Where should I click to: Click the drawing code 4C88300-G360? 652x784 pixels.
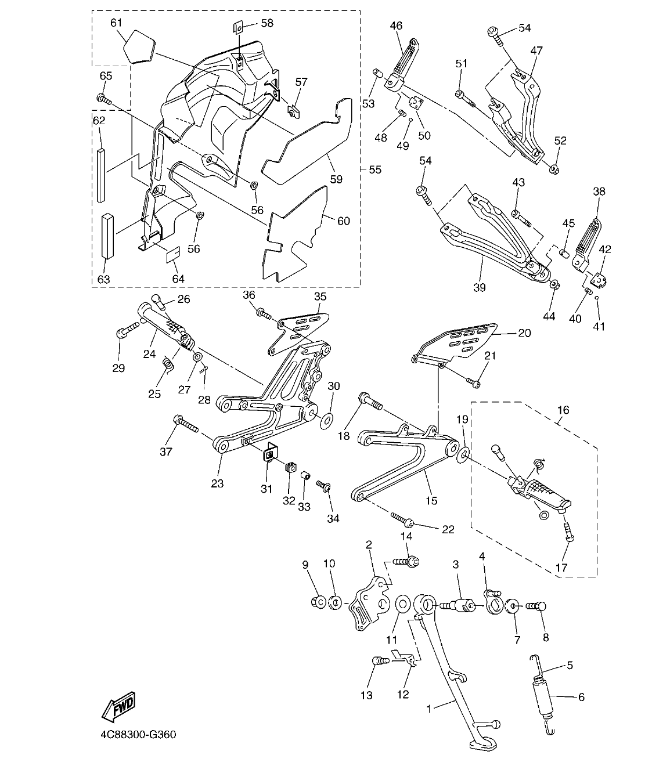pos(138,735)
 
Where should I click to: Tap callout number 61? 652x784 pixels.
pos(116,23)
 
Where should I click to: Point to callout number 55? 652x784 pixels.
pos(375,169)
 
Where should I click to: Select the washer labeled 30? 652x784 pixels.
pos(326,418)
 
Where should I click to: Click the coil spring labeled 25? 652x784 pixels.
pos(168,364)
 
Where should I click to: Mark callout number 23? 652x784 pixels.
pos(217,483)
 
